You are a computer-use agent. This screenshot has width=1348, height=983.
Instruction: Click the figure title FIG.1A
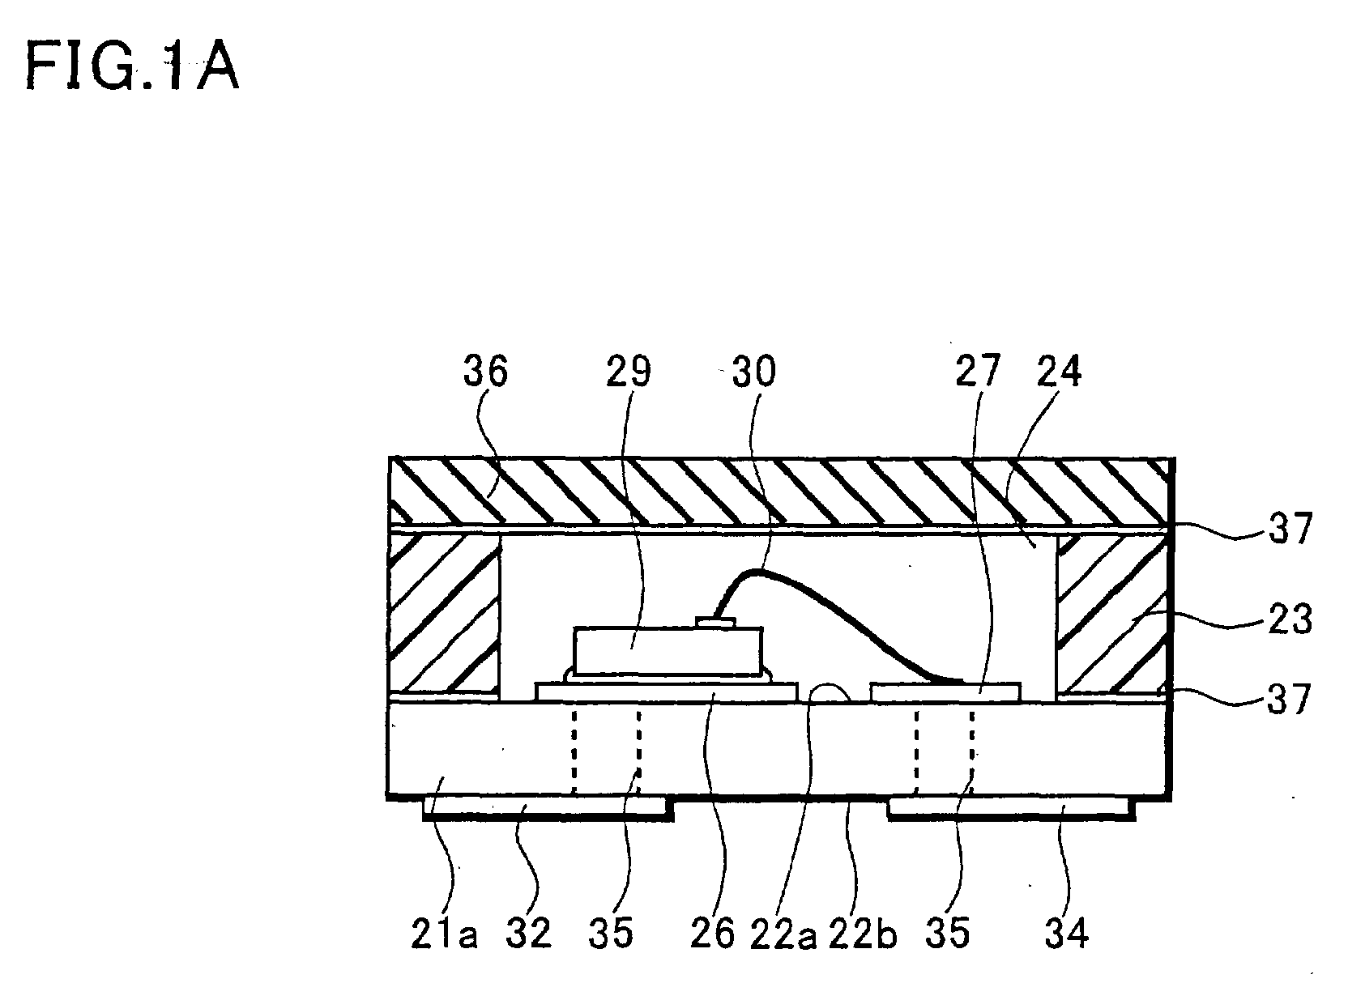132,68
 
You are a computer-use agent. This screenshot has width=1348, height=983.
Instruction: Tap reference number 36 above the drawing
485,371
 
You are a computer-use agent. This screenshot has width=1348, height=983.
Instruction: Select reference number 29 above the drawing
629,371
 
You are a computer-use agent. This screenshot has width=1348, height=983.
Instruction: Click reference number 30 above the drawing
754,371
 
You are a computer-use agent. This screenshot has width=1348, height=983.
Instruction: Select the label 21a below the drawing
444,934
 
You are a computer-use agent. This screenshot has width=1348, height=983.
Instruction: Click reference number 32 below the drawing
528,934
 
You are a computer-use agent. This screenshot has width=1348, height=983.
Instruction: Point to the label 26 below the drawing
713,934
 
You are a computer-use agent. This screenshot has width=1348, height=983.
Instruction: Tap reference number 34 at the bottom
1066,934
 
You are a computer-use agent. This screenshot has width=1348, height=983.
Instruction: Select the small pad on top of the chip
715,621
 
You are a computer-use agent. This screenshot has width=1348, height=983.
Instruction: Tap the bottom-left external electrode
548,809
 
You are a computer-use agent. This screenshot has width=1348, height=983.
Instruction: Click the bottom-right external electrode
1012,809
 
